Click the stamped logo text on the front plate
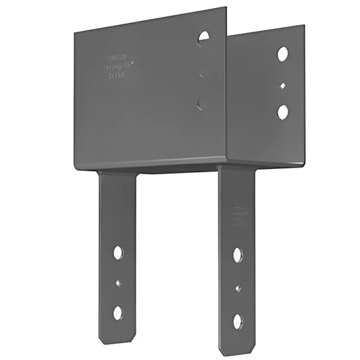(119, 67)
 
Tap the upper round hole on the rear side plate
(282, 53)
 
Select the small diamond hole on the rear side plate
(282, 85)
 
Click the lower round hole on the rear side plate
(282, 111)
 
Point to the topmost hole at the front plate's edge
(204, 38)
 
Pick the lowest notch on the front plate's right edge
(200, 103)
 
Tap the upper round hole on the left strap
(118, 253)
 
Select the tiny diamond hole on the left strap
(118, 283)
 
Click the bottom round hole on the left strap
(118, 312)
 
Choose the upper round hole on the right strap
(238, 255)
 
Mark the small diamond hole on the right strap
(238, 288)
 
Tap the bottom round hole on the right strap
(238, 319)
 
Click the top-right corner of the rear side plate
(303, 27)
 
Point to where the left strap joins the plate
(118, 174)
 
